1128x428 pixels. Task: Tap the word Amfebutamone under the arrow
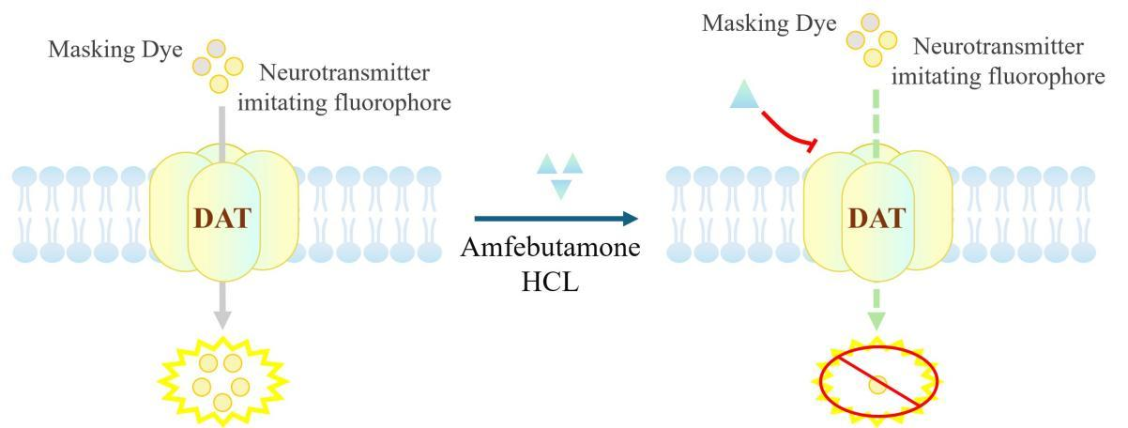[x=556, y=252]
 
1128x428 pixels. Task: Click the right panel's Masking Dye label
[x=768, y=22]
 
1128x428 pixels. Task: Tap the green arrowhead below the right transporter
[x=876, y=318]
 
